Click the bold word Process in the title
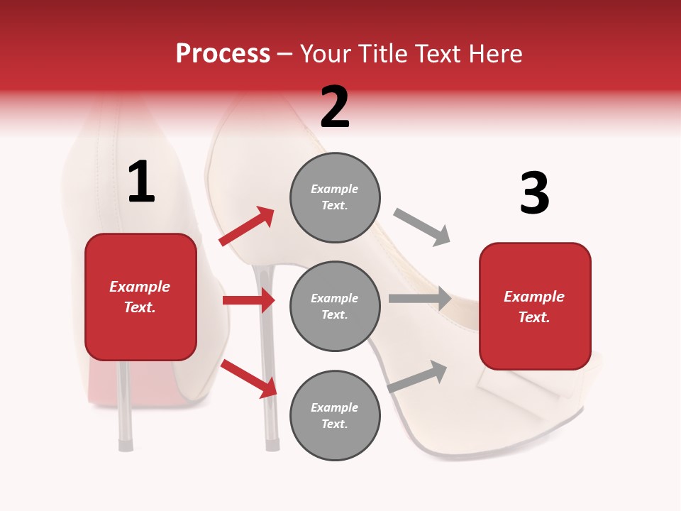pyautogui.click(x=223, y=53)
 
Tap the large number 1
pyautogui.click(x=141, y=183)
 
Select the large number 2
pyautogui.click(x=335, y=107)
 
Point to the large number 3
pyautogui.click(x=534, y=194)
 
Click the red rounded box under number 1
pyautogui.click(x=140, y=297)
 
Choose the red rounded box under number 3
pyautogui.click(x=535, y=307)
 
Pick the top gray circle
pyautogui.click(x=335, y=197)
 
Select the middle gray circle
pyautogui.click(x=335, y=306)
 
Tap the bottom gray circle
pyautogui.click(x=335, y=415)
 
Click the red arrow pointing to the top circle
pyautogui.click(x=248, y=226)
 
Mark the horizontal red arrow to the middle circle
pyautogui.click(x=248, y=300)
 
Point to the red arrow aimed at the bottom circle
pyautogui.click(x=249, y=378)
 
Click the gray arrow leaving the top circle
pyautogui.click(x=421, y=227)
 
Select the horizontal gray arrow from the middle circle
pyautogui.click(x=420, y=298)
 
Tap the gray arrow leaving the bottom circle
pyautogui.click(x=418, y=376)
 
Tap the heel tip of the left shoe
pyautogui.click(x=126, y=444)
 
